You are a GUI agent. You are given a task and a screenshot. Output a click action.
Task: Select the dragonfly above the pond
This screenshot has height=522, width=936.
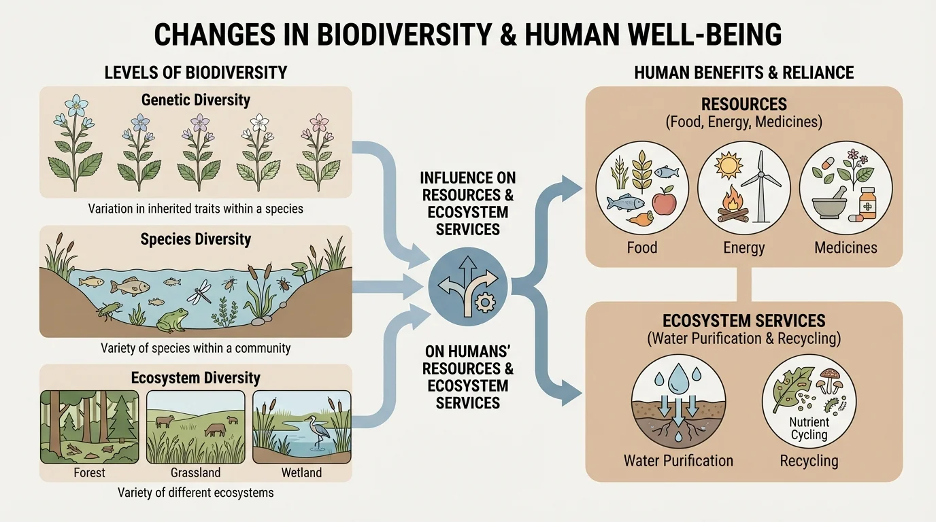pyautogui.click(x=203, y=294)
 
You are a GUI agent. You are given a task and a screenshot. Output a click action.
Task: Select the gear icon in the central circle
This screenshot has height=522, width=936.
pyautogui.click(x=485, y=302)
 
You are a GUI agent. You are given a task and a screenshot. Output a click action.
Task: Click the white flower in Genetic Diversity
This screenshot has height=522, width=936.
pyautogui.click(x=259, y=124)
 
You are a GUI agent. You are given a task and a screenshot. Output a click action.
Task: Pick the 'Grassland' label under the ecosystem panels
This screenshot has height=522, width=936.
pyautogui.click(x=195, y=472)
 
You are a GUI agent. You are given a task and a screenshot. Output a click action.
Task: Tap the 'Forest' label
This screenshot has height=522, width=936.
pyautogui.click(x=89, y=472)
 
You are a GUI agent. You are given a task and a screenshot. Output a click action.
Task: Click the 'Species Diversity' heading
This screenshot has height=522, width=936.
pyautogui.click(x=196, y=239)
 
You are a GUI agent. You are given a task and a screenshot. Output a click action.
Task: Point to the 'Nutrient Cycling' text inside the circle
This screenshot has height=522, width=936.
pyautogui.click(x=809, y=429)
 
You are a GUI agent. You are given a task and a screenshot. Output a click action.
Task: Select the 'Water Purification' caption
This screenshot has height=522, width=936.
pyautogui.click(x=678, y=461)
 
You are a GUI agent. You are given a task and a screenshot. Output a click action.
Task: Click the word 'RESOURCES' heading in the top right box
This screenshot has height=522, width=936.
pyautogui.click(x=744, y=105)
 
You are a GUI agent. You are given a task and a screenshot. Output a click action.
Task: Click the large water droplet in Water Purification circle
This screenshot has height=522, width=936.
pyautogui.click(x=678, y=377)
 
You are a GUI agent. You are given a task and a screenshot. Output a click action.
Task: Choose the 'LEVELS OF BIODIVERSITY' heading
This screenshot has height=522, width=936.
pyautogui.click(x=196, y=73)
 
